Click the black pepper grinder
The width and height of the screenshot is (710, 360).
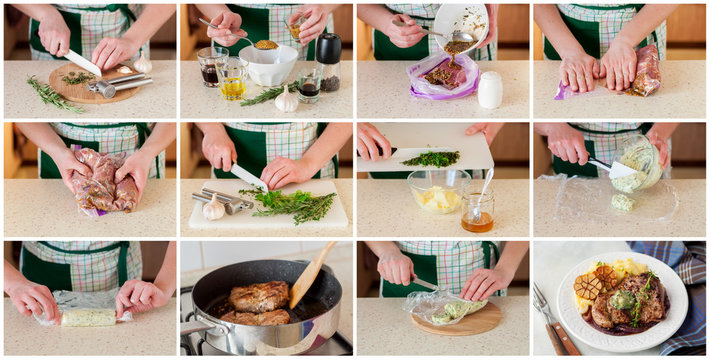click(x=328, y=62)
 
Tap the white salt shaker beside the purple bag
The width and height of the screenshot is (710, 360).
click(x=489, y=90)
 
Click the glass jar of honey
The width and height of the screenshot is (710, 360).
click(x=477, y=210)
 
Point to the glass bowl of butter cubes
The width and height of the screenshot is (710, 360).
click(x=437, y=193)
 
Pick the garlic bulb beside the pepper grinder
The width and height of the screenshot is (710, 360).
click(x=287, y=99)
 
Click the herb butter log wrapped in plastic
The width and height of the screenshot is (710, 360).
click(x=88, y=317)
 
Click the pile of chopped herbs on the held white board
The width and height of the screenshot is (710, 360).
click(x=431, y=158)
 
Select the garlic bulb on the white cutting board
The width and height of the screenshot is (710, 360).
click(x=213, y=208)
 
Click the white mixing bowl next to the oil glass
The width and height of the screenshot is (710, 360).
click(x=267, y=64)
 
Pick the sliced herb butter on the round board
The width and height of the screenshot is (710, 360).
click(x=451, y=311)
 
